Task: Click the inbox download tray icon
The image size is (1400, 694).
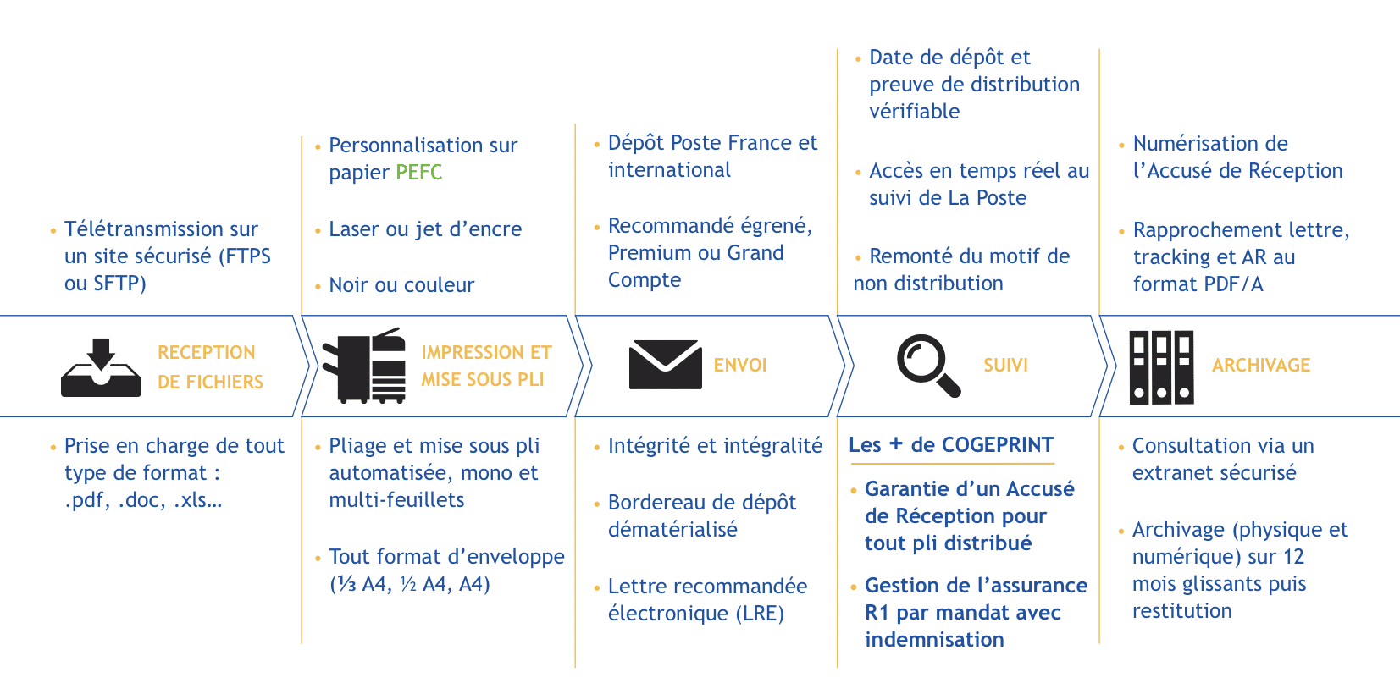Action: (101, 367)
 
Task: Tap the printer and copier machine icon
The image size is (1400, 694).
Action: (363, 366)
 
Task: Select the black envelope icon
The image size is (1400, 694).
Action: (665, 365)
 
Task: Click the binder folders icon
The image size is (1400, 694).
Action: (1161, 367)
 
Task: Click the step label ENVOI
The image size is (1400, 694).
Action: (740, 365)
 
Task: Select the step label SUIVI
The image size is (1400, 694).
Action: (1005, 365)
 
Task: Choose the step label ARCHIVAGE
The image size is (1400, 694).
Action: (1261, 365)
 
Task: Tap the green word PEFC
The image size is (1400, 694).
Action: (418, 172)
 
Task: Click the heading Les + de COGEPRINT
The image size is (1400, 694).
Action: (951, 445)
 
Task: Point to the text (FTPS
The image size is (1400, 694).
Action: (245, 256)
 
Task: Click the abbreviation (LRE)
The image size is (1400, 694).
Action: (760, 613)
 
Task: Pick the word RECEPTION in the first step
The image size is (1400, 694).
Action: (207, 352)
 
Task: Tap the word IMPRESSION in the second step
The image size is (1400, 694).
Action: (473, 352)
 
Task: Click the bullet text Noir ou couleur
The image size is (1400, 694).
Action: (401, 285)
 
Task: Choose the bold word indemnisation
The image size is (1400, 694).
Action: (934, 639)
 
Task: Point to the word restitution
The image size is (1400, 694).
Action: (1181, 610)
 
